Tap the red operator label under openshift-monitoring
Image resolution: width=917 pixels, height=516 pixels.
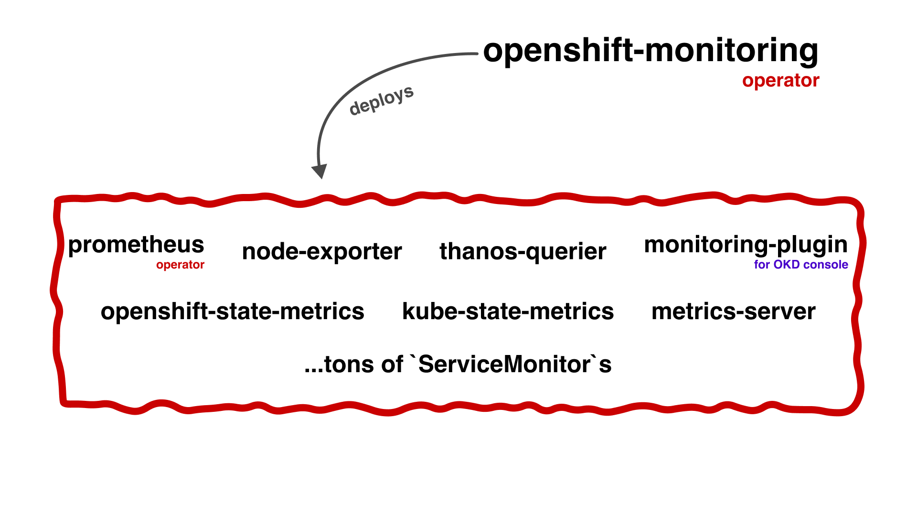(780, 80)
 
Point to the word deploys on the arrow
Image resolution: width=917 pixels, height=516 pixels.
(381, 100)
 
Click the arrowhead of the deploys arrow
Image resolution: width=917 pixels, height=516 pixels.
(320, 171)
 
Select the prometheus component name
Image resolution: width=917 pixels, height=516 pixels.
(136, 245)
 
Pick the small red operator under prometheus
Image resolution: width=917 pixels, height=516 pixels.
(180, 265)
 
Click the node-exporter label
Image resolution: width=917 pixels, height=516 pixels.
(322, 251)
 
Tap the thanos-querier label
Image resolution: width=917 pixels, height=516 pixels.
(523, 251)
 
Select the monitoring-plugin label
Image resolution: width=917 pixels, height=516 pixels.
(746, 245)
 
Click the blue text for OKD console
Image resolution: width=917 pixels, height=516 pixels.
(801, 265)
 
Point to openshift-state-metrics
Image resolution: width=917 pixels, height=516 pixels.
(232, 312)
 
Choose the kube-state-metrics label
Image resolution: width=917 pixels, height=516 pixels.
(508, 312)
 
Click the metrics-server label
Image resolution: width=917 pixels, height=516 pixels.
(733, 312)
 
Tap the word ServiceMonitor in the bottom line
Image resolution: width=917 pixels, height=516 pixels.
(504, 364)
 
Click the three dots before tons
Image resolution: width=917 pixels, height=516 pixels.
(313, 371)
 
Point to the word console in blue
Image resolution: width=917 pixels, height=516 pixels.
(826, 265)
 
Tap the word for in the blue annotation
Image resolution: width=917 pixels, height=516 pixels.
(761, 265)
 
